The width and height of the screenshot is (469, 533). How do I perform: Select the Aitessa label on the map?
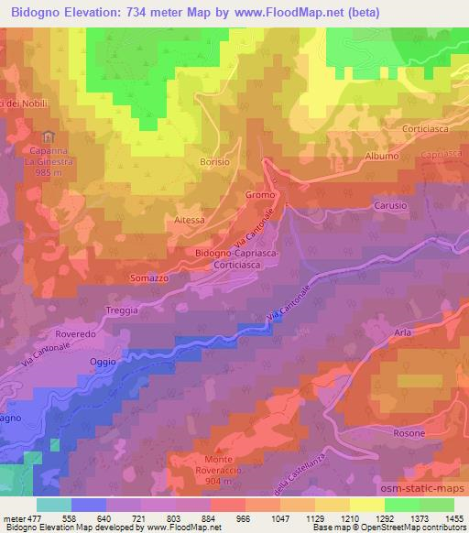pos(189,221)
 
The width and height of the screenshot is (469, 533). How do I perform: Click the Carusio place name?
pos(389,206)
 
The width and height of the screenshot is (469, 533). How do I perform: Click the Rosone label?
pos(409,432)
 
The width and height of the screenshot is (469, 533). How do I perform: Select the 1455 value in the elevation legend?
pos(453,519)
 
